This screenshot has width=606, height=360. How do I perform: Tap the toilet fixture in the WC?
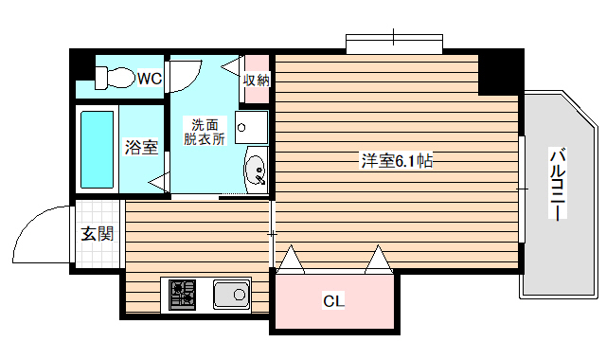(x=116, y=76)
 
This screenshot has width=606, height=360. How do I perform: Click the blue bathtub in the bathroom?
(x=98, y=149)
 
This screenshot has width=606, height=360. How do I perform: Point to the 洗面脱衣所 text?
(x=205, y=132)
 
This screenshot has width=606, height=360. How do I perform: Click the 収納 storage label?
(x=257, y=81)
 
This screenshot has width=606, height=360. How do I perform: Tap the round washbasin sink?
(x=256, y=171)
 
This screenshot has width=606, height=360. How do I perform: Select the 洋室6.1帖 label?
(x=397, y=161)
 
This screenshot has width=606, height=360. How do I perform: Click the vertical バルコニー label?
(x=559, y=185)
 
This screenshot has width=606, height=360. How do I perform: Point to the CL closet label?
(x=333, y=302)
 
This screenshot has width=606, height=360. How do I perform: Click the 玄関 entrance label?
(x=96, y=234)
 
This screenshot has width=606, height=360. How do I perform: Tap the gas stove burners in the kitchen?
(x=183, y=296)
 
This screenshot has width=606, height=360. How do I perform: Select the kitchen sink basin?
(x=231, y=296)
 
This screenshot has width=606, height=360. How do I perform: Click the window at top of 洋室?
(x=394, y=44)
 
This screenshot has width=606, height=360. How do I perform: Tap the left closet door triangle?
(x=290, y=259)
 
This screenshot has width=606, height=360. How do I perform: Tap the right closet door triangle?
(x=380, y=259)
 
